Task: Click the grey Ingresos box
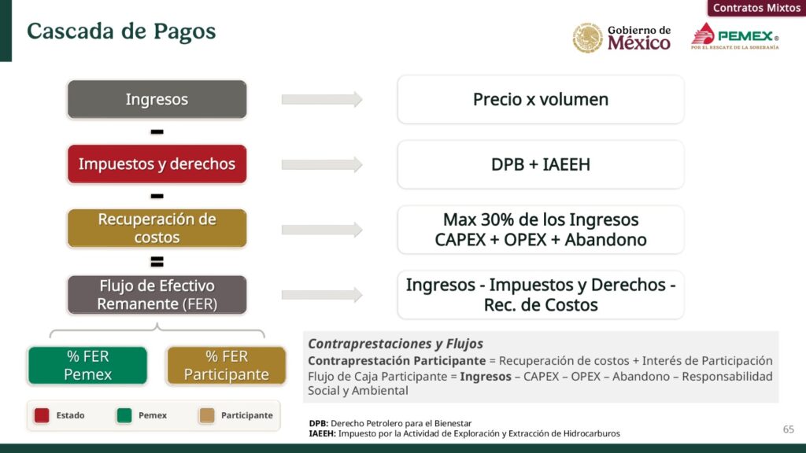(157, 99)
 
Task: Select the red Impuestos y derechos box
(157, 164)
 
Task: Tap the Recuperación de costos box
(157, 228)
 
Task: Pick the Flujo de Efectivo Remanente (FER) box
(157, 295)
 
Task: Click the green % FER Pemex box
(87, 365)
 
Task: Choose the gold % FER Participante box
(226, 365)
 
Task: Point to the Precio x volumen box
(541, 100)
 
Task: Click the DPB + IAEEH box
(541, 164)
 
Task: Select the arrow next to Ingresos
(322, 99)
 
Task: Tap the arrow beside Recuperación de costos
(322, 230)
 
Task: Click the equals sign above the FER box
(157, 262)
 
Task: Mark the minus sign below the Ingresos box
(157, 132)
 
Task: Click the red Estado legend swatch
(42, 415)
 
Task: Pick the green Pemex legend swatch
(124, 415)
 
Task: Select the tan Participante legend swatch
(207, 415)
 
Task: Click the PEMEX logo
(734, 36)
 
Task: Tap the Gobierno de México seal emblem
(587, 38)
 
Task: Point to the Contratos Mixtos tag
(756, 8)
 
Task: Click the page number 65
(789, 429)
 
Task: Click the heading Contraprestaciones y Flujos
(395, 344)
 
